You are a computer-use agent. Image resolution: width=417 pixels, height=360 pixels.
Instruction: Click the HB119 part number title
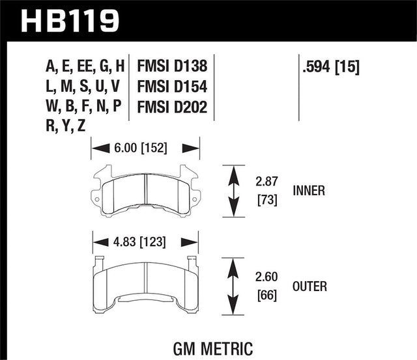click(70, 21)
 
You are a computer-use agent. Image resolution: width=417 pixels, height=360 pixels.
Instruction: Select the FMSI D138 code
click(172, 66)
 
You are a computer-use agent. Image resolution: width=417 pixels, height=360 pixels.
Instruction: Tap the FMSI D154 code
click(172, 87)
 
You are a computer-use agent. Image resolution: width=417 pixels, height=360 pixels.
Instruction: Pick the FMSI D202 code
click(172, 107)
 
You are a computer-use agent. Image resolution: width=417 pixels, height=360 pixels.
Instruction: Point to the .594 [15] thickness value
click(331, 66)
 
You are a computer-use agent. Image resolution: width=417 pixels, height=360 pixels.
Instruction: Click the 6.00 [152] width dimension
click(141, 148)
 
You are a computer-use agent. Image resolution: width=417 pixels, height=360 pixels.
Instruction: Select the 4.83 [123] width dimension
click(139, 242)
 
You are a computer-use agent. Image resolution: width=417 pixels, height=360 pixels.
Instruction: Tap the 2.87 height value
click(266, 182)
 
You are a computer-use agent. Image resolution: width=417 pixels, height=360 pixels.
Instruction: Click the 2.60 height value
click(266, 277)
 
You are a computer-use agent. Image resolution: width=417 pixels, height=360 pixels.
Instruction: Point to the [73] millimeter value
click(267, 199)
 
